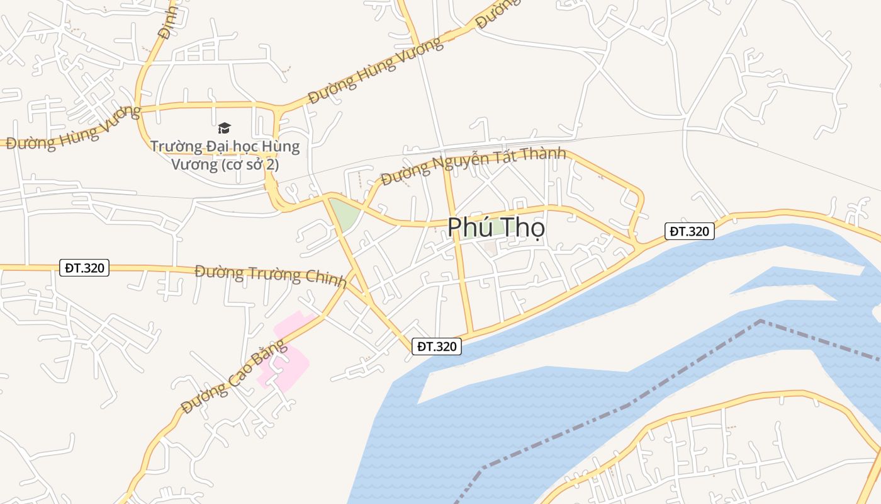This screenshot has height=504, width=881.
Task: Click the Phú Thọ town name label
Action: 496,228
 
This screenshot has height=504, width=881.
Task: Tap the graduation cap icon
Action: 225,129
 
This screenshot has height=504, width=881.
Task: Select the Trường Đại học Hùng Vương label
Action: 225,155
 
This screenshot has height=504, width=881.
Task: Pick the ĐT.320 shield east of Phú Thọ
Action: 690,231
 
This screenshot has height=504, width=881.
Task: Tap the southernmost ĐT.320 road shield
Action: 437,346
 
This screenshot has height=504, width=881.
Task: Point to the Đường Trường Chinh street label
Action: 271,275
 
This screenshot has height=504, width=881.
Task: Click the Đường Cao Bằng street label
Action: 233,377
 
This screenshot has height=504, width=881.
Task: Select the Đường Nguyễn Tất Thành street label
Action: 473,166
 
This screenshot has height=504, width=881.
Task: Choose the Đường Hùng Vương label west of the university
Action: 73,129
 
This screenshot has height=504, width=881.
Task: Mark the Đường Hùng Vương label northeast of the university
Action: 375,71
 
